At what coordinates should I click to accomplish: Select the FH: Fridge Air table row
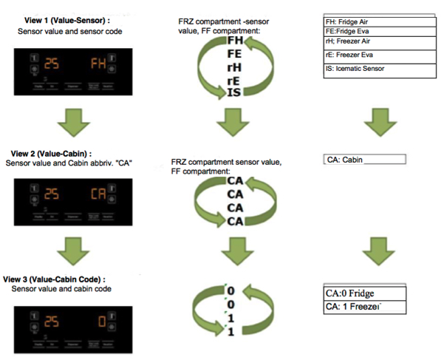point(365,22)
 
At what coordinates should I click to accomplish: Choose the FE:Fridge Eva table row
point(365,32)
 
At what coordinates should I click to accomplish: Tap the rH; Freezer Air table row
point(365,42)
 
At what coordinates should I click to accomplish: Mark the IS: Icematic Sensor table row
point(365,69)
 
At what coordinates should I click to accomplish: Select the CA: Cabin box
point(365,159)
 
